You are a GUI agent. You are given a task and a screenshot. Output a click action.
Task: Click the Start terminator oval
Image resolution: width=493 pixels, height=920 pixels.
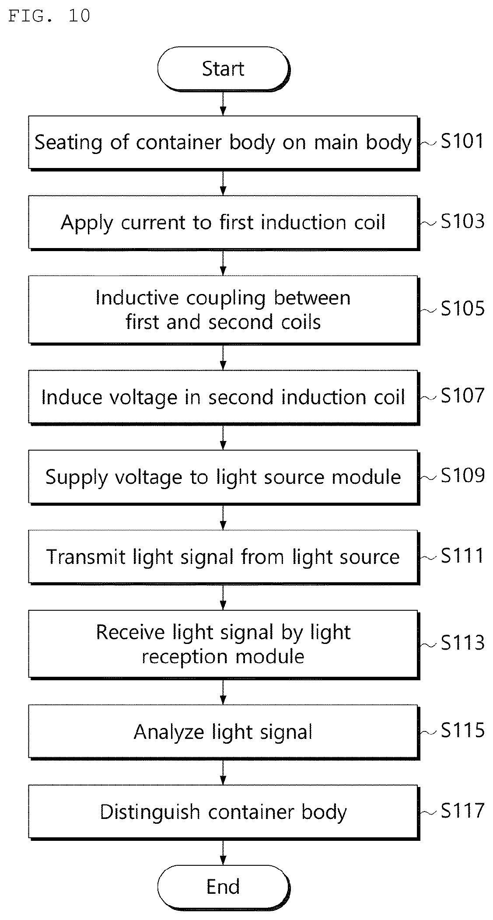coord(223,69)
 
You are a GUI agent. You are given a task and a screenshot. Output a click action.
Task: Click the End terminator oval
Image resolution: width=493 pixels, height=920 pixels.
coord(223,887)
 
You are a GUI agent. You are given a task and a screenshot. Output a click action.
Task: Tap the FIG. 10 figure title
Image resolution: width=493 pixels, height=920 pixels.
coord(49,16)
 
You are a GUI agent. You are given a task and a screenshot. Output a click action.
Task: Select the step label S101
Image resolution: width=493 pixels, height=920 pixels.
coord(462,141)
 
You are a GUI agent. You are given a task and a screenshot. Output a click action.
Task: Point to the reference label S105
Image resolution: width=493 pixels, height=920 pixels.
coord(462,308)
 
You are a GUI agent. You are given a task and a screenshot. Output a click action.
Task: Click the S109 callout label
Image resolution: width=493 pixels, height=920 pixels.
coord(462,476)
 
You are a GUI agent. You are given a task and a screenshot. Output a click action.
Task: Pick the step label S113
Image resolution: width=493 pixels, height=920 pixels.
coord(462,643)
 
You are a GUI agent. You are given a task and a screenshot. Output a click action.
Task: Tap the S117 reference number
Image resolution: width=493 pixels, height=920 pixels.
coord(462,810)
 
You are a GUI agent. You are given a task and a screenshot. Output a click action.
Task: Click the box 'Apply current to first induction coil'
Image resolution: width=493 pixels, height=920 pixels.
coord(224,223)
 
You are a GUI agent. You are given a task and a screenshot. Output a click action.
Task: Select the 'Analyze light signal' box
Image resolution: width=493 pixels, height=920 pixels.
coord(224,731)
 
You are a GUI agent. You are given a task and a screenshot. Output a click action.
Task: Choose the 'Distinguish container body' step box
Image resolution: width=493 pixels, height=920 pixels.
coord(224,812)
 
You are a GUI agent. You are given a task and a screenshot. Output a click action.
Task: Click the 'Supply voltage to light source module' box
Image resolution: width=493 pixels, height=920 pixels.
coord(224,477)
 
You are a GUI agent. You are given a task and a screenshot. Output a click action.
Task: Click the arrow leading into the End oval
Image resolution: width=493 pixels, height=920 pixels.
coord(223,852)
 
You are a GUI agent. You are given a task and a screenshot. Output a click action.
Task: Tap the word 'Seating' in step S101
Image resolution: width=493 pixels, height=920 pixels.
coord(68,143)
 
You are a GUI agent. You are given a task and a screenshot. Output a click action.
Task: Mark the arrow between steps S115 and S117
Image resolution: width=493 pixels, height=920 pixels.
coord(223,772)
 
